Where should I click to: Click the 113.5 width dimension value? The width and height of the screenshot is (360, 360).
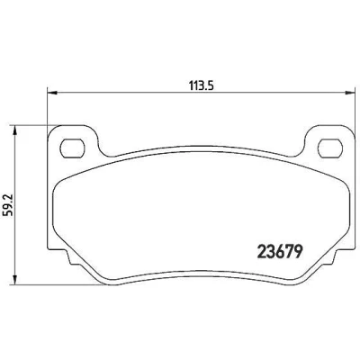(x=201, y=86)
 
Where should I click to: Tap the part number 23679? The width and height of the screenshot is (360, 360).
(x=279, y=252)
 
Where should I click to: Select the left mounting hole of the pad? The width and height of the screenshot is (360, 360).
(x=72, y=148)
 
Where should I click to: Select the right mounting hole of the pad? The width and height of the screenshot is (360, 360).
(x=330, y=148)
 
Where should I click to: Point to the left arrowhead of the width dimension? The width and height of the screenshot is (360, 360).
(x=52, y=92)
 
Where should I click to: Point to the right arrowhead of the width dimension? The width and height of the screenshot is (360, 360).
(x=349, y=92)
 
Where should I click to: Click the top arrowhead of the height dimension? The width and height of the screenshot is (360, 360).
(x=14, y=130)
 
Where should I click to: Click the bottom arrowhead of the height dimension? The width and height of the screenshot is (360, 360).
(x=14, y=280)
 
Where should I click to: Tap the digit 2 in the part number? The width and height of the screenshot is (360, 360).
(x=261, y=252)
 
